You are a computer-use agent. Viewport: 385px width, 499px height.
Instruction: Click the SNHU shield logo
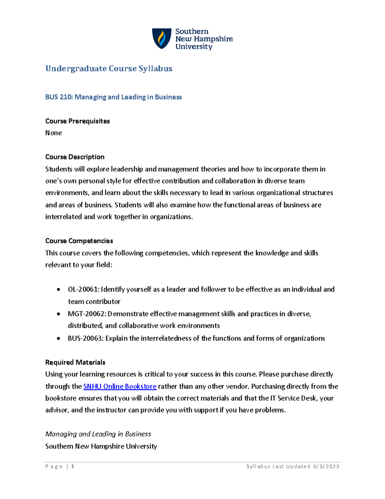[x=162, y=39]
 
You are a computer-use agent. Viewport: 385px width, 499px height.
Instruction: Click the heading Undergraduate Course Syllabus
[x=109, y=68]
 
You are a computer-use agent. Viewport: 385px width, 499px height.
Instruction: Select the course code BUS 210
[x=59, y=97]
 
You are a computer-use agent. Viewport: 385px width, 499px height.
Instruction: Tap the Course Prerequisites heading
[x=77, y=121]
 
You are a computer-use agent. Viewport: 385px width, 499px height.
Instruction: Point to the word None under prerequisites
[x=53, y=133]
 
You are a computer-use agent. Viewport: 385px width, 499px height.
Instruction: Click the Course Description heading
[x=75, y=157]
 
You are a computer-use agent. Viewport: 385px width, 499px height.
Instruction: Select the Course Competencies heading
[x=79, y=241]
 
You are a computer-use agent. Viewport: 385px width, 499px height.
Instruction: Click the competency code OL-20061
[x=83, y=290]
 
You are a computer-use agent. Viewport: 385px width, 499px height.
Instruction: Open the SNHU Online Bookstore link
[x=120, y=386]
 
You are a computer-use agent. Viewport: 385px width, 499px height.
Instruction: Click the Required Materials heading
[x=75, y=362]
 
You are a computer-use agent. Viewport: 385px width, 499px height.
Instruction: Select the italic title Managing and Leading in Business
[x=98, y=434]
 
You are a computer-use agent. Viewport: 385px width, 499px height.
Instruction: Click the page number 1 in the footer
[x=73, y=467]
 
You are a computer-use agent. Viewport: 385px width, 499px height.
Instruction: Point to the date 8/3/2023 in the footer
[x=326, y=467]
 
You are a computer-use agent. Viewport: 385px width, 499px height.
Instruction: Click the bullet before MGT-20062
[x=58, y=314]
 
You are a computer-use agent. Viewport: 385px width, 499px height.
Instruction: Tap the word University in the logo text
[x=193, y=47]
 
